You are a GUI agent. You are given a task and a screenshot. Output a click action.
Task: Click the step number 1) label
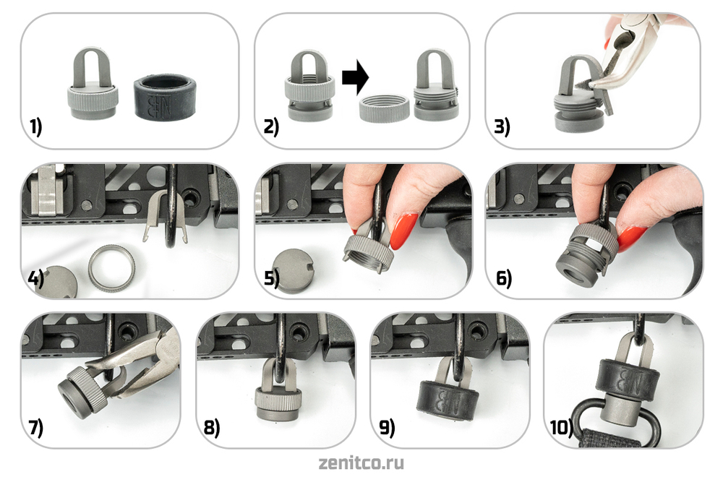click(35, 126)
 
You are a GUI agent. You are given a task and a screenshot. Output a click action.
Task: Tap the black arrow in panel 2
click(355, 77)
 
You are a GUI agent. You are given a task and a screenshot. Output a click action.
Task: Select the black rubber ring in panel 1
click(165, 98)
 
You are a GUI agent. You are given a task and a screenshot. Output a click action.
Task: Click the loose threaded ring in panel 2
click(384, 108)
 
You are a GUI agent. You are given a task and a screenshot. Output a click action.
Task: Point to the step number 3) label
click(502, 126)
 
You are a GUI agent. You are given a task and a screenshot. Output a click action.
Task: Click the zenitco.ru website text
click(361, 463)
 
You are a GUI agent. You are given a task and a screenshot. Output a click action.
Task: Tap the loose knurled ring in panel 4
click(112, 267)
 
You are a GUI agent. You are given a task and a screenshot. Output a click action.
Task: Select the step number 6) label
click(504, 278)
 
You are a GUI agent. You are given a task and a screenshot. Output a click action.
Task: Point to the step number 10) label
click(562, 427)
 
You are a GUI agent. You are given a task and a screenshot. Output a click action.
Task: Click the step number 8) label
click(212, 428)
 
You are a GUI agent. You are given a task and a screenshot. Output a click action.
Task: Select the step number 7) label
click(36, 427)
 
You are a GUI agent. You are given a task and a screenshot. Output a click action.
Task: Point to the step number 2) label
click(271, 126)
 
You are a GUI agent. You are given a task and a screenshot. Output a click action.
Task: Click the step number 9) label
click(387, 428)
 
